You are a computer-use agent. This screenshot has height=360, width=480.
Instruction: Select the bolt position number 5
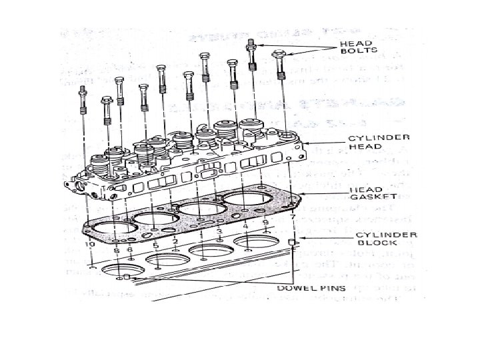click(155, 245)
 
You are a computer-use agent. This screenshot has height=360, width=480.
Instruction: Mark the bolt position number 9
click(265, 221)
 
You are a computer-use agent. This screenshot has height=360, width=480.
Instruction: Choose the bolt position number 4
click(245, 227)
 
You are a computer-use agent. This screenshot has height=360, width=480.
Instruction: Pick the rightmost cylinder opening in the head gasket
click(248, 199)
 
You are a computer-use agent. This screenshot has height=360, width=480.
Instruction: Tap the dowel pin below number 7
click(291, 241)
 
